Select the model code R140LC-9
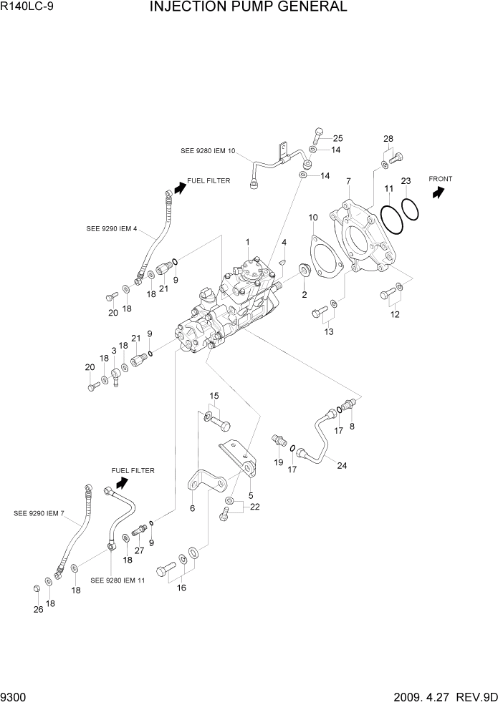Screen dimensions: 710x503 coord(27,9)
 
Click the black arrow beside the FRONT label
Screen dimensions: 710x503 coord(438,191)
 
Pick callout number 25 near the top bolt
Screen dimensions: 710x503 coord(337,138)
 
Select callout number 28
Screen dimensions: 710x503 coord(388,138)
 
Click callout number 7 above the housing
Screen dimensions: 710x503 coord(348,182)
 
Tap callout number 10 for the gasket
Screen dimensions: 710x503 coord(312,217)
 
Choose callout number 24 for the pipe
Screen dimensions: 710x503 coord(342,465)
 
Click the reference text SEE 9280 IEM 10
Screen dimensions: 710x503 coord(208,151)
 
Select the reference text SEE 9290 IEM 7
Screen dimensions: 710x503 coord(39,513)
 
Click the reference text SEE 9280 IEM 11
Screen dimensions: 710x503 coord(118,580)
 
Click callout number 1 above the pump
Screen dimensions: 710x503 coord(247,242)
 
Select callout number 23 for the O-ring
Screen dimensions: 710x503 coord(405,181)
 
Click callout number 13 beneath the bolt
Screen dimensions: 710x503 coord(328,331)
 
